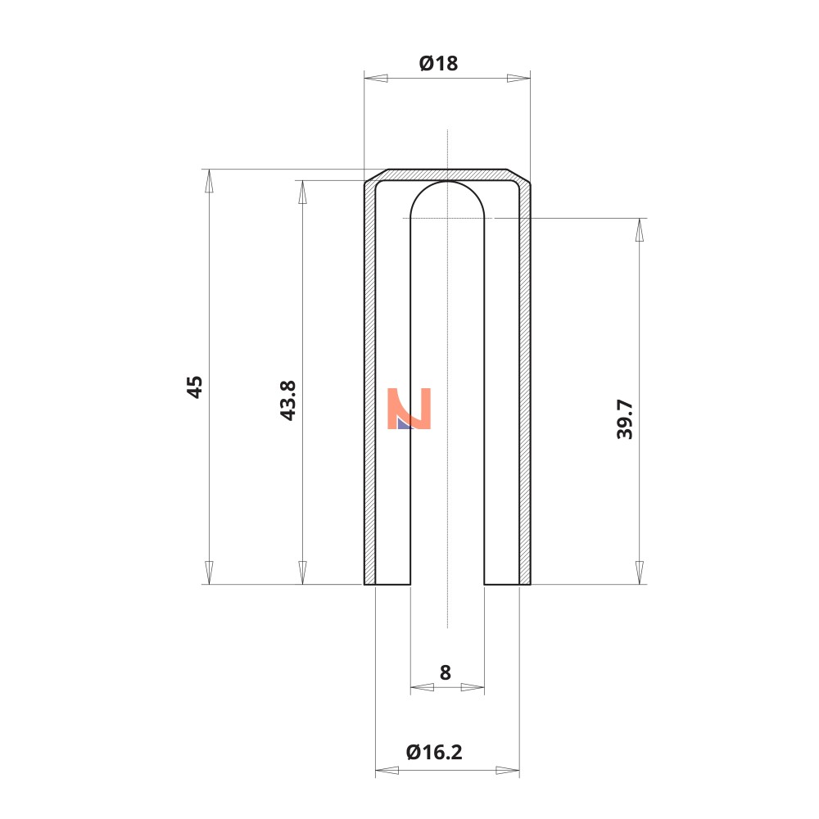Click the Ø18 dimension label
[x=439, y=63]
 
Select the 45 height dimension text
[x=195, y=387]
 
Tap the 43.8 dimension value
[x=287, y=400]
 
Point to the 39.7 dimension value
[x=625, y=419]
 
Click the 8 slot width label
[x=445, y=672]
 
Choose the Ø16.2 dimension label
[x=434, y=752]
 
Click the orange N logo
[x=409, y=409]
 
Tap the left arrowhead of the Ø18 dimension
[x=376, y=79]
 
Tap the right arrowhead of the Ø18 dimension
[x=518, y=79]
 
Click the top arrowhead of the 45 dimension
[x=209, y=181]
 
